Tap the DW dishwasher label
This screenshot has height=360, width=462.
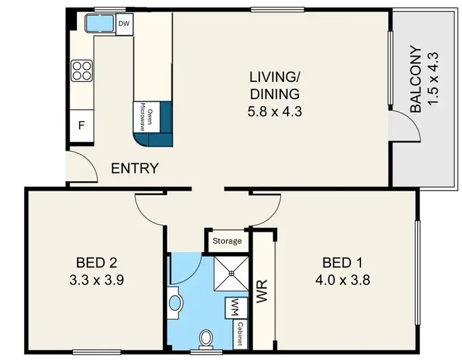(x=124, y=24)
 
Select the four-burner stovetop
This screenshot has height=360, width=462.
(x=81, y=70)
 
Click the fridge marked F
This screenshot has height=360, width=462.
(x=80, y=125)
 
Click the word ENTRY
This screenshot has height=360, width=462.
(x=134, y=168)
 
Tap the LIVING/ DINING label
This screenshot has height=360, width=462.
(x=274, y=86)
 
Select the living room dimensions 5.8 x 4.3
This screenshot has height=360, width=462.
(x=274, y=112)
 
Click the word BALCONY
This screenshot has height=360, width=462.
(x=416, y=79)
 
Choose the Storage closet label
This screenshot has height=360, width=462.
(x=227, y=240)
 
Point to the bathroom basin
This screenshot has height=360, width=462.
(x=175, y=303)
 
